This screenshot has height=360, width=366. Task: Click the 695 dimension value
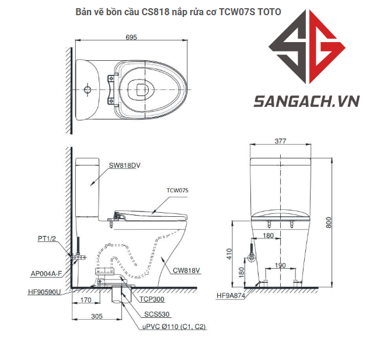[x=131, y=37]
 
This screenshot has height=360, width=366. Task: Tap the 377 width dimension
[x=281, y=141]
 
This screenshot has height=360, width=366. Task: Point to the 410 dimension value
[x=229, y=254]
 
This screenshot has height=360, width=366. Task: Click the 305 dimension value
[x=97, y=316]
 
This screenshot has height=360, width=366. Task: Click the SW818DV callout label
[x=124, y=165]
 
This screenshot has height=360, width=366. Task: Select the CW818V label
[x=186, y=270]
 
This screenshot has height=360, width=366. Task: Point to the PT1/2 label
[x=47, y=238]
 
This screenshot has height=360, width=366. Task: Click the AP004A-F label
[x=47, y=273]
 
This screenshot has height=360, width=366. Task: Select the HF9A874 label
[x=231, y=296]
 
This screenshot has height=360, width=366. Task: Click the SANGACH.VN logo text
[x=306, y=102]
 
